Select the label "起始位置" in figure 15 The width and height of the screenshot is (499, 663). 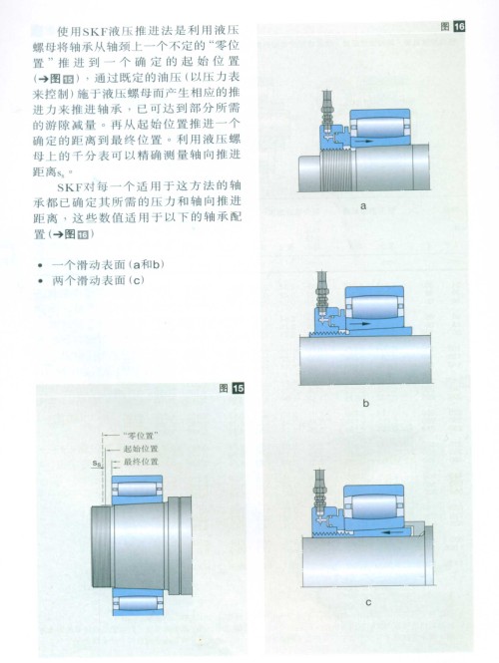click(x=141, y=449)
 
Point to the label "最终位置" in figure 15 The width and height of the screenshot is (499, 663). click(x=141, y=462)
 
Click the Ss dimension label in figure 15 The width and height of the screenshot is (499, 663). click(x=97, y=464)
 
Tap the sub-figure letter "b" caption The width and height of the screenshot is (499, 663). click(x=365, y=404)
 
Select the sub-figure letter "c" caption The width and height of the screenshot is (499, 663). click(x=367, y=602)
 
